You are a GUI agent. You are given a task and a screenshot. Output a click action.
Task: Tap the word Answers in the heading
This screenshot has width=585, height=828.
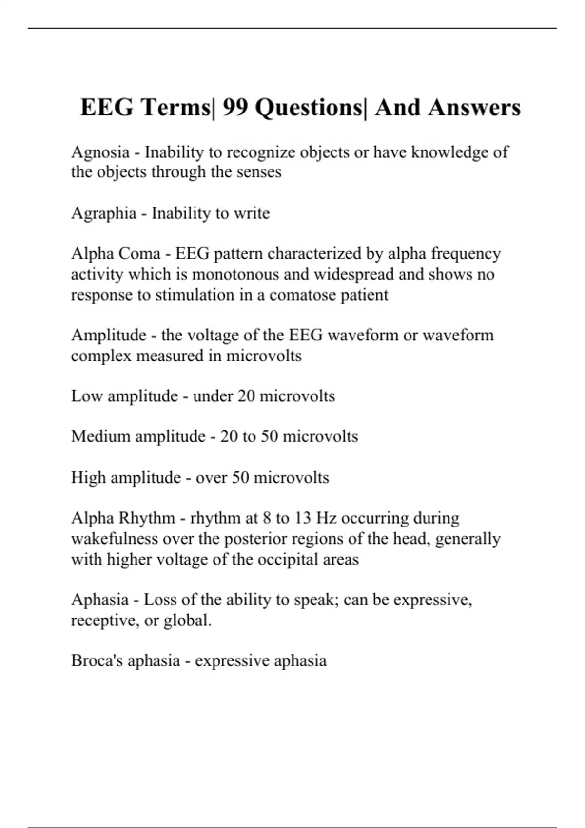point(474,108)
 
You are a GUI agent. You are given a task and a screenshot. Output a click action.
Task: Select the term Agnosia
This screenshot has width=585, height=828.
point(100,152)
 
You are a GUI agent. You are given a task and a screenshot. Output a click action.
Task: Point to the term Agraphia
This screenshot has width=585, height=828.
point(103,213)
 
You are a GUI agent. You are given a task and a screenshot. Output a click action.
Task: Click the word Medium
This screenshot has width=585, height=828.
point(100,436)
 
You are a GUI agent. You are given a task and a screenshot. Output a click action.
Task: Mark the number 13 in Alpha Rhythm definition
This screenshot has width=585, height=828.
point(302,518)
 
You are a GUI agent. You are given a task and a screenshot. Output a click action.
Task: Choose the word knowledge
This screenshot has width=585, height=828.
point(449,152)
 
